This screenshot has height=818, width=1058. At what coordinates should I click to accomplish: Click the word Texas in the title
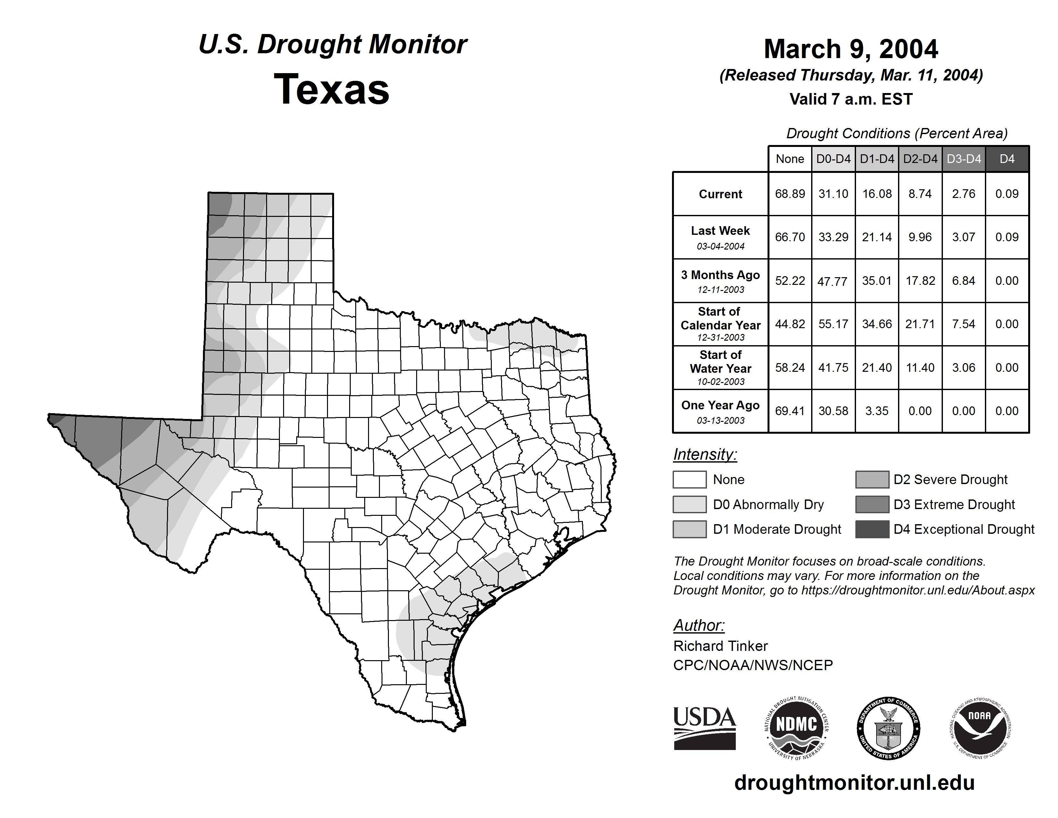pyautogui.click(x=332, y=89)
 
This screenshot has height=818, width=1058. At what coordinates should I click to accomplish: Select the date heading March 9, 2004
pyautogui.click(x=851, y=49)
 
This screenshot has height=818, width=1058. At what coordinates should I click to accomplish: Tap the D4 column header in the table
pyautogui.click(x=1007, y=159)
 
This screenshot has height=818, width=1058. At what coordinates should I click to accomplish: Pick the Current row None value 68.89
pyautogui.click(x=790, y=194)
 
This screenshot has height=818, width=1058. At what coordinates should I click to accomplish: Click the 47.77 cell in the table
pyautogui.click(x=833, y=281)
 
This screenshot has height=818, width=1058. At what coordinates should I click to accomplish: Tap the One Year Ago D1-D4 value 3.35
pyautogui.click(x=877, y=411)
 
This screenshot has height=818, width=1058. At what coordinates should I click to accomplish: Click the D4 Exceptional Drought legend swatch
pyautogui.click(x=872, y=529)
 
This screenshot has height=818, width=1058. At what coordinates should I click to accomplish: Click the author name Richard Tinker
pyautogui.click(x=720, y=646)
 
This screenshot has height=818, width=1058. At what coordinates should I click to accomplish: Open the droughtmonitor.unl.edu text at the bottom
pyautogui.click(x=854, y=783)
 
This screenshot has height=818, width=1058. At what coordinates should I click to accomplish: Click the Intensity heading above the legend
pyautogui.click(x=705, y=455)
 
